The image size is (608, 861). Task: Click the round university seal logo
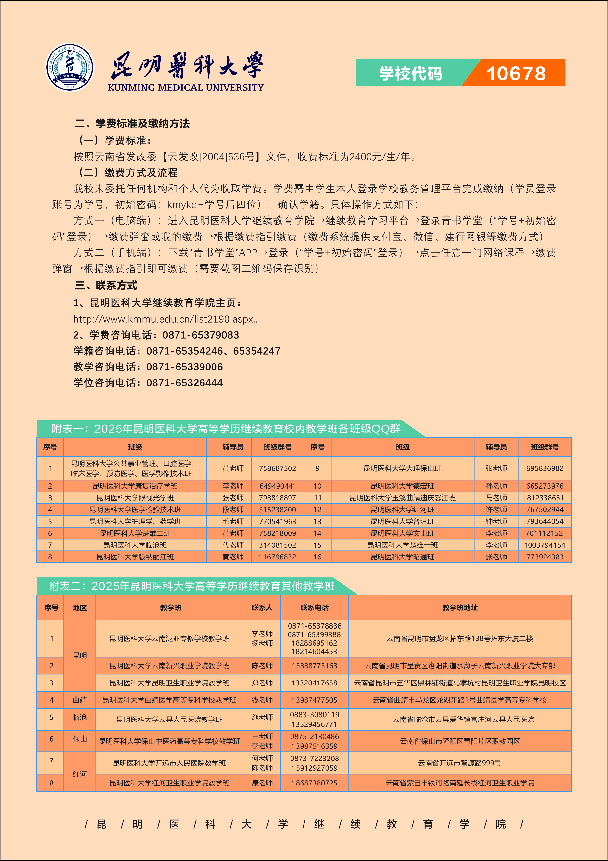pyautogui.click(x=70, y=67)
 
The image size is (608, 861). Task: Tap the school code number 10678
pyautogui.click(x=516, y=73)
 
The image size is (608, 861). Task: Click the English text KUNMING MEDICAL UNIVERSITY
pyautogui.click(x=186, y=87)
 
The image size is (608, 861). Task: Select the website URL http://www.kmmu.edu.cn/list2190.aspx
pyautogui.click(x=164, y=319)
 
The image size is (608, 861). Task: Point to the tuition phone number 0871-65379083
pyautogui.click(x=201, y=335)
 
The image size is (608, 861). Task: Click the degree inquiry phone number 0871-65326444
pyautogui.click(x=185, y=383)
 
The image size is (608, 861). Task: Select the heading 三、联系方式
pyautogui.click(x=106, y=285)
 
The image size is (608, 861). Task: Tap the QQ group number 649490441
pyautogui.click(x=278, y=486)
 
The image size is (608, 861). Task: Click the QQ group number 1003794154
pyautogui.click(x=545, y=545)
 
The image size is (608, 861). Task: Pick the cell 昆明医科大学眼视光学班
pyautogui.click(x=135, y=498)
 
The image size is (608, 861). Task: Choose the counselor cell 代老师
pyautogui.click(x=233, y=545)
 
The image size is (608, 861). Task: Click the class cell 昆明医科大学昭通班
pyautogui.click(x=403, y=557)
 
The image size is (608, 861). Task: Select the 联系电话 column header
pyautogui.click(x=314, y=608)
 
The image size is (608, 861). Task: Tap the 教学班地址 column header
pyautogui.click(x=460, y=608)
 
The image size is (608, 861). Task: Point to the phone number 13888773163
pyautogui.click(x=314, y=666)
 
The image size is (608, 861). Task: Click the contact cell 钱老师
pyautogui.click(x=262, y=700)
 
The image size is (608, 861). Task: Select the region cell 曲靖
pyautogui.click(x=79, y=700)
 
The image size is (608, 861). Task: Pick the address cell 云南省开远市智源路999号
pyautogui.click(x=460, y=763)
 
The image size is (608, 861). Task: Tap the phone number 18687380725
pyautogui.click(x=314, y=783)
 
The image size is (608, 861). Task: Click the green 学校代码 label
pyautogui.click(x=410, y=73)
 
